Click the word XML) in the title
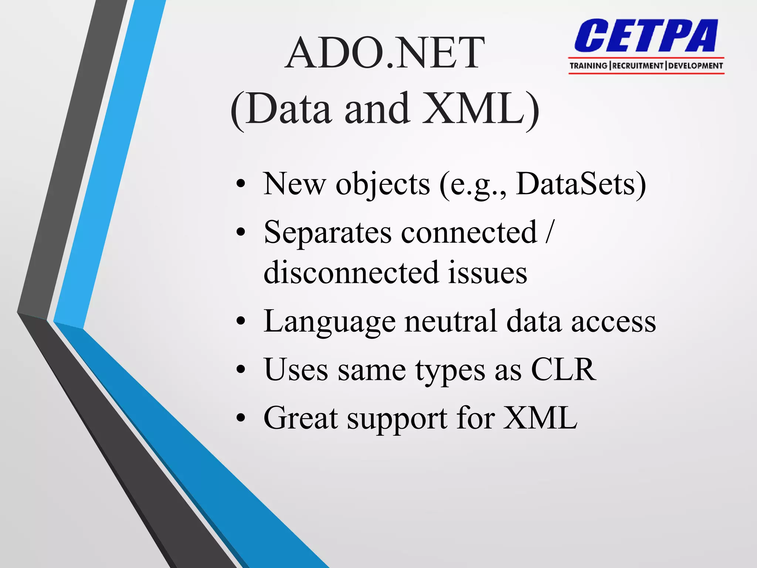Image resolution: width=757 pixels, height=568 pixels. pos(481,109)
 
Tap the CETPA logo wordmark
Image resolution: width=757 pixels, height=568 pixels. pos(646,36)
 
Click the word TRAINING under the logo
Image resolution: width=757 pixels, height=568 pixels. pos(588,66)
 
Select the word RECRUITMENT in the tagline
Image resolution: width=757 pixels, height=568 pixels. pos(638,66)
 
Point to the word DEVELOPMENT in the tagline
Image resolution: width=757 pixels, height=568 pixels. pos(695,66)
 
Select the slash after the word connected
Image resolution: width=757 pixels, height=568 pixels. pos(549,232)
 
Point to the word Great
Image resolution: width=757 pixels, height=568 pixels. pos(301,418)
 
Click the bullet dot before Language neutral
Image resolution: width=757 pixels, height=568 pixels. pos(241,321)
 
